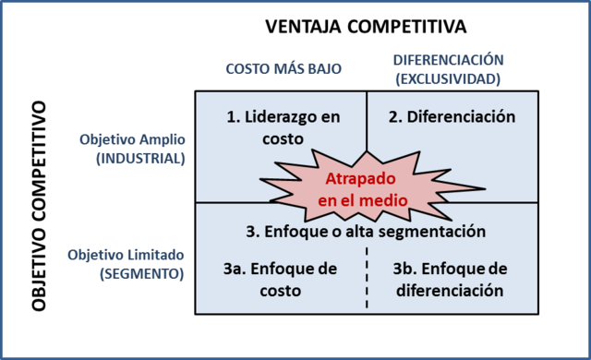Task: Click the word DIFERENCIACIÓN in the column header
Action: (x=448, y=61)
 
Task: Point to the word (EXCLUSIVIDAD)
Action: (x=448, y=78)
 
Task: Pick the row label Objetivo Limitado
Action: (x=127, y=255)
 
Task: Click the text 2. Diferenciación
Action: (x=452, y=116)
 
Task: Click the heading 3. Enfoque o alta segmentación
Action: (x=367, y=230)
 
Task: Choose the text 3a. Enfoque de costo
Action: (x=281, y=279)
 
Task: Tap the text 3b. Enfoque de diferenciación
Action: (x=451, y=279)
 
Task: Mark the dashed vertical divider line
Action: (x=367, y=277)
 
